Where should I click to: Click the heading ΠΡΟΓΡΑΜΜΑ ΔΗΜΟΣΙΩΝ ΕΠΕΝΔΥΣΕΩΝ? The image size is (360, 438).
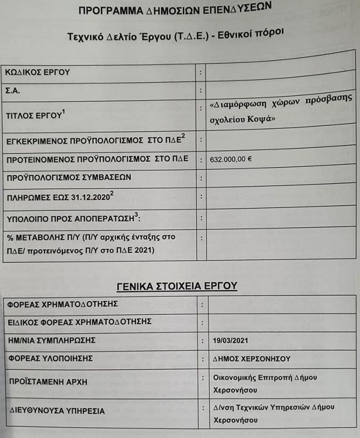[x=175, y=9]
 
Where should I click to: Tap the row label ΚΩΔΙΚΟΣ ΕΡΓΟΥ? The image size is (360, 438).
[x=38, y=72]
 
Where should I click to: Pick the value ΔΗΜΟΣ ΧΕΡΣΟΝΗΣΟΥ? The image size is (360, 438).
[x=252, y=359]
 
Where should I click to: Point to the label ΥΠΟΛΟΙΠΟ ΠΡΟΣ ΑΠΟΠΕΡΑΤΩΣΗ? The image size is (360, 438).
[x=71, y=218]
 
